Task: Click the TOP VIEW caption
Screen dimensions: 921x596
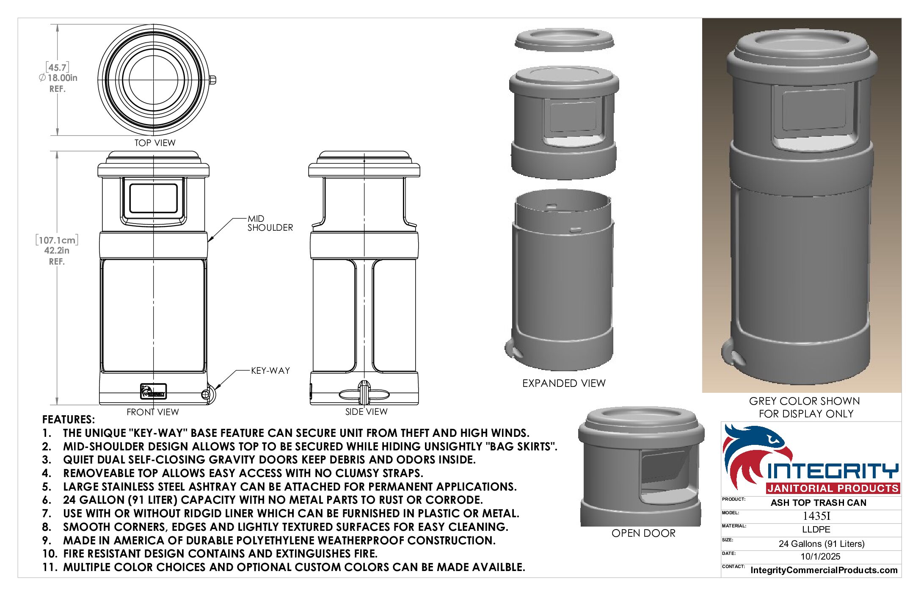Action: tap(155, 143)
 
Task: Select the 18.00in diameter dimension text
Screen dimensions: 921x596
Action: tap(58, 78)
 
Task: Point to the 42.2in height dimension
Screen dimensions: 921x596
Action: tap(57, 251)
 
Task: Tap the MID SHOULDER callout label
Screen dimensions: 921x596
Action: tap(270, 223)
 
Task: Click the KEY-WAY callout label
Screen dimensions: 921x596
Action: tap(270, 371)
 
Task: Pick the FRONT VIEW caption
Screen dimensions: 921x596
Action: tap(153, 412)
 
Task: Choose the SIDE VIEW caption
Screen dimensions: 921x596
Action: tap(366, 411)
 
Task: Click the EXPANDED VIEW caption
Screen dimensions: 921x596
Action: tap(564, 383)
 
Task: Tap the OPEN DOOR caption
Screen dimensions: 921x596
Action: tap(643, 533)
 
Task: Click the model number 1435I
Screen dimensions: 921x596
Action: tap(816, 516)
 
